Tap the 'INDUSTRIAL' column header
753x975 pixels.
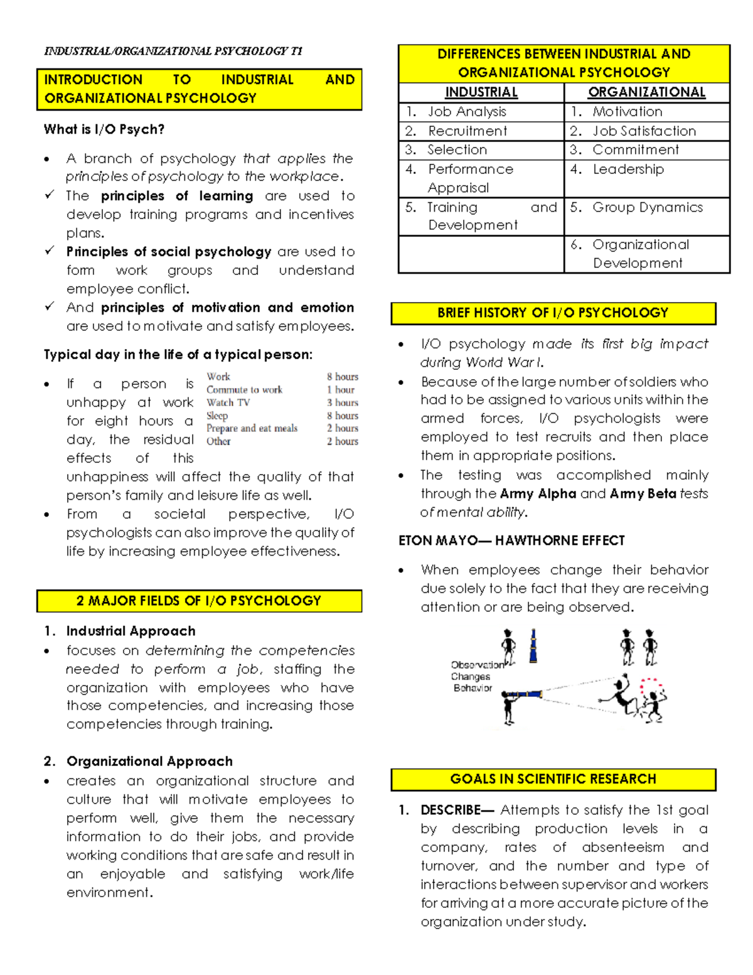[481, 92]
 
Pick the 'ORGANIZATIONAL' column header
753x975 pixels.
[646, 92]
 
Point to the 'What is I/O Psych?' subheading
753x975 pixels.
[104, 129]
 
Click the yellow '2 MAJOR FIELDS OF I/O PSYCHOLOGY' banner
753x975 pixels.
[199, 601]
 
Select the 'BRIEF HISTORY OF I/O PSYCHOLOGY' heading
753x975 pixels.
[553, 313]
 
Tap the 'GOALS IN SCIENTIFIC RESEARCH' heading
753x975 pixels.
[553, 779]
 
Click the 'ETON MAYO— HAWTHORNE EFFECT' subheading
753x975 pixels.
[511, 541]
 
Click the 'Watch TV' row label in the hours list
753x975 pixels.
[228, 402]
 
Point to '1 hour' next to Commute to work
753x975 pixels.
[341, 389]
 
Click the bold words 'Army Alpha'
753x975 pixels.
[538, 493]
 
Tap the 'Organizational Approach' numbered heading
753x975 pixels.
[149, 762]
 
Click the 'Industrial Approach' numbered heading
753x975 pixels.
[131, 631]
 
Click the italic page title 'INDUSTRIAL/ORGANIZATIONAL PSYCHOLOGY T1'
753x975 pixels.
[173, 51]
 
